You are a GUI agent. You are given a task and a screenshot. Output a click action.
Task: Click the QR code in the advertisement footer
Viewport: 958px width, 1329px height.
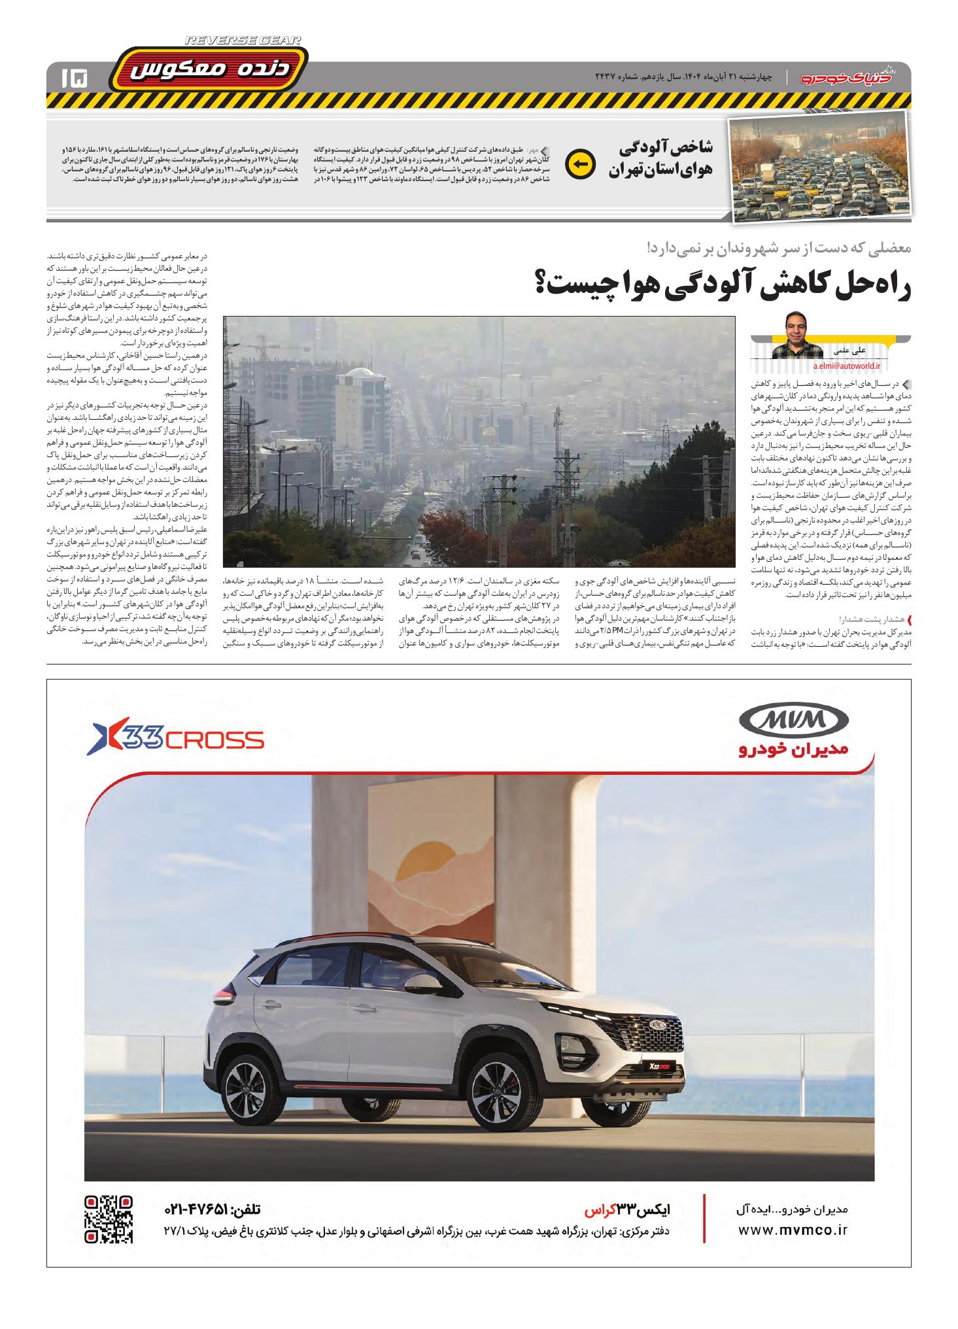tap(109, 1219)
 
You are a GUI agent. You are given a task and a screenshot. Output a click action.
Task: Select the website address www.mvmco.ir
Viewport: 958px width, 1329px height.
tap(793, 1230)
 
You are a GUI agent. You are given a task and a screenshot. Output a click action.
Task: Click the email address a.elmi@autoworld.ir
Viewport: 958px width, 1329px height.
tap(847, 368)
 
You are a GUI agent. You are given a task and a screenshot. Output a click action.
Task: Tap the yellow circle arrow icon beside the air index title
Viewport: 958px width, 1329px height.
tap(580, 164)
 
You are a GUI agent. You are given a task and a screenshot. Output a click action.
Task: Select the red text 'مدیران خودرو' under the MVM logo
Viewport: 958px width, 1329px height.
tap(793, 750)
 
